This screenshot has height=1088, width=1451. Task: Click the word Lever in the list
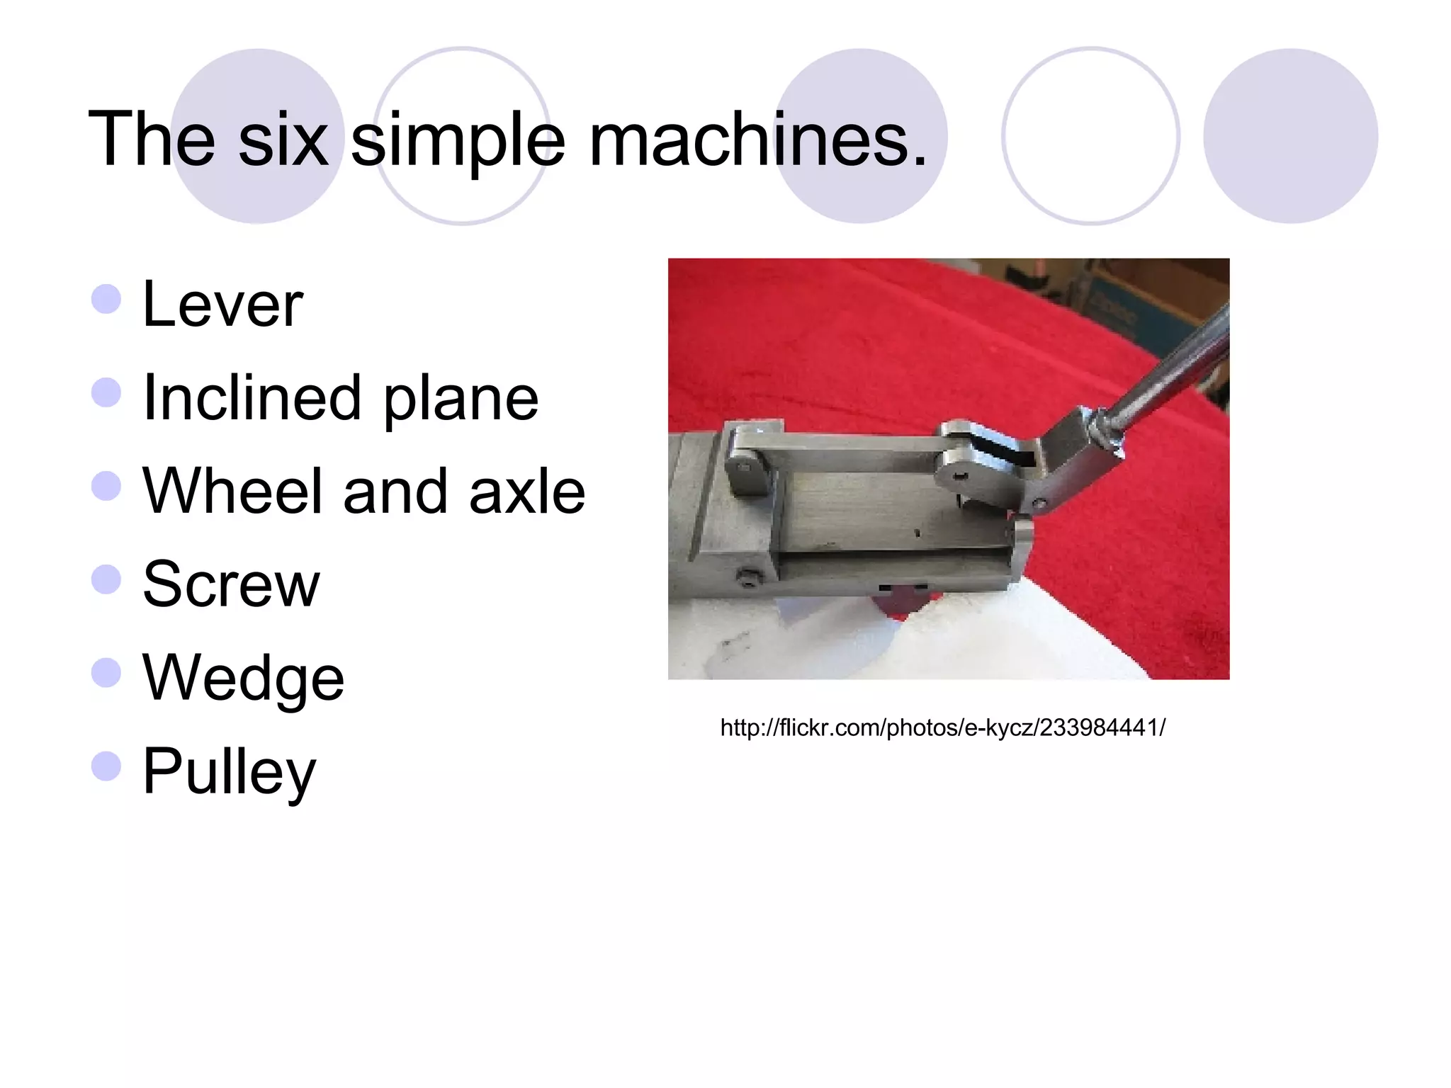[222, 305]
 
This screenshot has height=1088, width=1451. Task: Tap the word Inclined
[252, 398]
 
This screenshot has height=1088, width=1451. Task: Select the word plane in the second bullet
[461, 399]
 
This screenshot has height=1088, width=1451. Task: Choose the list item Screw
[231, 584]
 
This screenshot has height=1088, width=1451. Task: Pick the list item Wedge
[243, 678]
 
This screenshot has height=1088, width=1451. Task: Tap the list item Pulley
[229, 771]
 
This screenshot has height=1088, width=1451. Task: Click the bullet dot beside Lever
[106, 299]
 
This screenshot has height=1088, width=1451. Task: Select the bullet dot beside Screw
[106, 579]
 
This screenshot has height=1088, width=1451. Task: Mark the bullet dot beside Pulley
[106, 766]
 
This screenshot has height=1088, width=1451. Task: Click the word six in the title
[283, 139]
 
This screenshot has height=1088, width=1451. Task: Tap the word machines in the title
[758, 139]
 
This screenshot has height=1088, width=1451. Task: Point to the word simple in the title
[458, 140]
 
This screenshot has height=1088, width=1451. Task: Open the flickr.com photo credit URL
[942, 727]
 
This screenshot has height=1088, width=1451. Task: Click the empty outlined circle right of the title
[1090, 136]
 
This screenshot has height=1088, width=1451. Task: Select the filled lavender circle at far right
[1290, 136]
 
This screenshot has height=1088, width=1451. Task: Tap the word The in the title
[152, 139]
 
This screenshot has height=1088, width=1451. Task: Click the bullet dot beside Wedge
[106, 672]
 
